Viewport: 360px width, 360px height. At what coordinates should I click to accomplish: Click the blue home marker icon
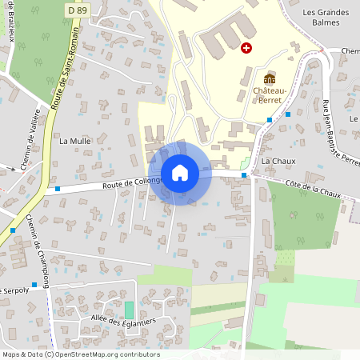pos(180,173)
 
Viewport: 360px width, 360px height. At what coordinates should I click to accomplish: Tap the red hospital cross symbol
pos(246,48)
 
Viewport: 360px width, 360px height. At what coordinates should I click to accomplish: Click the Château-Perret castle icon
pos(270,79)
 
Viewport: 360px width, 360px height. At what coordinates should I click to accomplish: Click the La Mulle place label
pos(76,140)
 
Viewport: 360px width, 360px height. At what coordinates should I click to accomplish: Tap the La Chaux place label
pos(279,162)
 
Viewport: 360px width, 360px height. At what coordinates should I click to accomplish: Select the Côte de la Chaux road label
pos(317,189)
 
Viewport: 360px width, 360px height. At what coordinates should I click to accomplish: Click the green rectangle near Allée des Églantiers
pos(130,310)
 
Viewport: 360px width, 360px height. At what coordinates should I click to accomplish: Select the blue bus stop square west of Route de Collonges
pos(58,190)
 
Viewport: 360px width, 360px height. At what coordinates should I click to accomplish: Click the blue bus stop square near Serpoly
pos(34,294)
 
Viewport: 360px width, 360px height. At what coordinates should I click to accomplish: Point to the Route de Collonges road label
pos(131,183)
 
